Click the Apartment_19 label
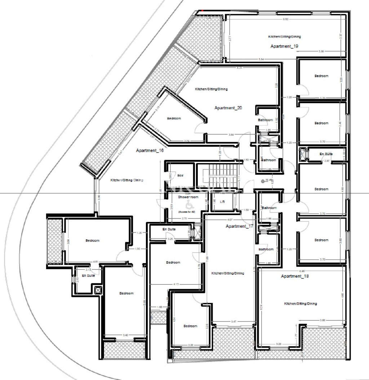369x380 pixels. tap(284, 47)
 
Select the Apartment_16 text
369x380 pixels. tap(150, 151)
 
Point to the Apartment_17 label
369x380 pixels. tap(239, 226)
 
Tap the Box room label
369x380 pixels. tap(180, 175)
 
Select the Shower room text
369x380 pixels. tap(188, 197)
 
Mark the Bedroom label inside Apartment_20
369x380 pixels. tap(174, 118)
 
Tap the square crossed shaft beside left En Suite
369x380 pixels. tap(98, 290)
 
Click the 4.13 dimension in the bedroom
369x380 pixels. tap(176, 284)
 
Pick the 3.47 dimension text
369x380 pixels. tap(234, 321)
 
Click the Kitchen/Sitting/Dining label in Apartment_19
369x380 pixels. tap(284, 37)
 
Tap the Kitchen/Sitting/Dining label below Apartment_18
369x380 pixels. tap(300, 304)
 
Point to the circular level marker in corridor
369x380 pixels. tap(263, 180)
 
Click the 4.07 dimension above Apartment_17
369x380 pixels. tap(230, 219)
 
